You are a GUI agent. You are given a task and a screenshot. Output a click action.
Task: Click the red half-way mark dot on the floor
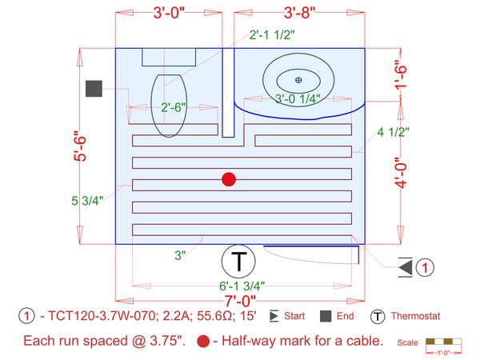click(x=229, y=179)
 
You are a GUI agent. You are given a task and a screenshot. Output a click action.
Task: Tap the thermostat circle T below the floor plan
click(x=238, y=262)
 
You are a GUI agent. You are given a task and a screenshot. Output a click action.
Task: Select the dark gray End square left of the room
click(x=94, y=89)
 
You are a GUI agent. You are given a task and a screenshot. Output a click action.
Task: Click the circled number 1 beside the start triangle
click(x=425, y=267)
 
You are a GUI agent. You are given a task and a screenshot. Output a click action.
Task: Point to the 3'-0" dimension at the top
click(x=169, y=13)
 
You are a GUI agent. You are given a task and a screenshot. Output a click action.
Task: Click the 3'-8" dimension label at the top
click(x=299, y=13)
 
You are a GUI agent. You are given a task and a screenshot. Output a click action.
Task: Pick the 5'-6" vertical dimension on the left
click(x=80, y=146)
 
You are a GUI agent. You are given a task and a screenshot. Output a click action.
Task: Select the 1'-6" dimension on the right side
click(x=401, y=78)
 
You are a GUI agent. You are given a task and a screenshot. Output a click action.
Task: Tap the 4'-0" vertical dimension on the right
click(x=401, y=172)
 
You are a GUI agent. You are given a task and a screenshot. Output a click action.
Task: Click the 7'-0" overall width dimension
click(x=240, y=301)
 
